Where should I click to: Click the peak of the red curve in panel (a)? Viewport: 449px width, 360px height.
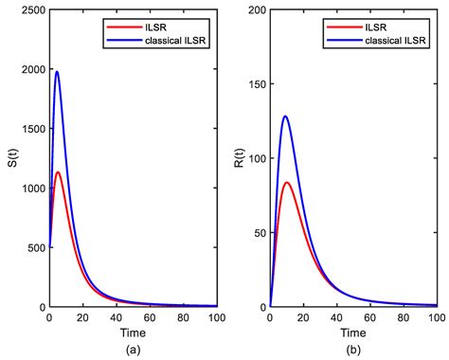click(58, 172)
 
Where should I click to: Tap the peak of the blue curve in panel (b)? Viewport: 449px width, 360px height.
click(285, 117)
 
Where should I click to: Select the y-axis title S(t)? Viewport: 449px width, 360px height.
click(11, 157)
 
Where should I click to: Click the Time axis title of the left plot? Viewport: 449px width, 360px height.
click(132, 333)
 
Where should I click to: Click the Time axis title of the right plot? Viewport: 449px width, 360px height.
click(352, 333)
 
